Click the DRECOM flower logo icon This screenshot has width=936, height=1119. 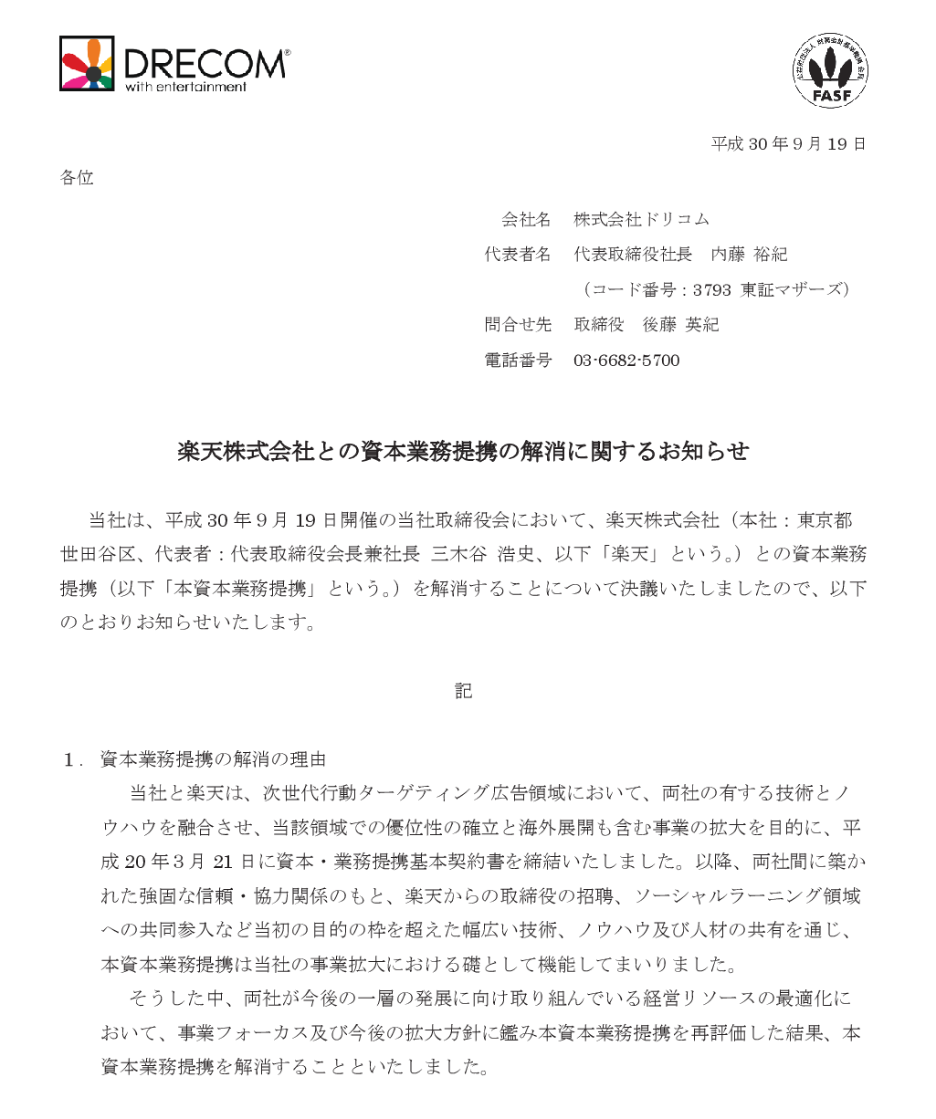[x=88, y=64]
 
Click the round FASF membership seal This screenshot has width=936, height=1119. [x=830, y=70]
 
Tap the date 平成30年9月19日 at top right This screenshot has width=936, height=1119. [x=788, y=144]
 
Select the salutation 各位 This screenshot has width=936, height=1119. [x=77, y=178]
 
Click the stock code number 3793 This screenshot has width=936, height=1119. [x=711, y=290]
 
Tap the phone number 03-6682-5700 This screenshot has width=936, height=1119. [x=626, y=361]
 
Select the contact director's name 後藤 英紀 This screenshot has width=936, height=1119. [x=680, y=325]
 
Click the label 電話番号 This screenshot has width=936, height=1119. [x=518, y=361]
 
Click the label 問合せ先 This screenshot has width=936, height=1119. [x=518, y=325]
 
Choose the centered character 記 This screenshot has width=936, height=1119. [x=464, y=691]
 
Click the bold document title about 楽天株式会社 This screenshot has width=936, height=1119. [x=463, y=451]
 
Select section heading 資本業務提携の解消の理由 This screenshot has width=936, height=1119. [x=213, y=759]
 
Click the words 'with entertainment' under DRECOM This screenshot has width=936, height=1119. [x=186, y=88]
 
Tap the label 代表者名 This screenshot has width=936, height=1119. [x=518, y=255]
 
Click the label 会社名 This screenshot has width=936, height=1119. [x=526, y=219]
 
